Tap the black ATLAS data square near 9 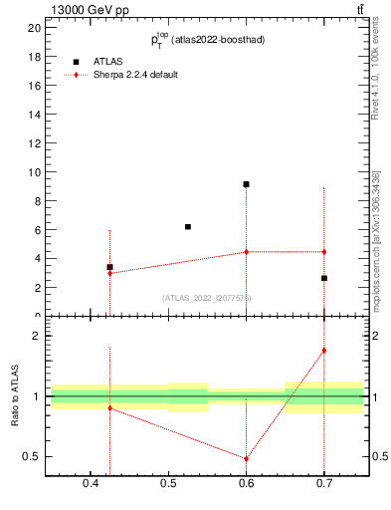pyautogui.click(x=246, y=184)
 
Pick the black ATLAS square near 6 pyautogui.click(x=187, y=227)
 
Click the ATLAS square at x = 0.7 pyautogui.click(x=323, y=278)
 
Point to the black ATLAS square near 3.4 pyautogui.click(x=109, y=267)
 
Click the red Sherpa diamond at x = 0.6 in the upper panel pyautogui.click(x=246, y=252)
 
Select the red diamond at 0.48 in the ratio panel pyautogui.click(x=246, y=459)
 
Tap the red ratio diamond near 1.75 pyautogui.click(x=323, y=351)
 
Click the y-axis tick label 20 pyautogui.click(x=34, y=28)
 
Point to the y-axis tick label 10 pyautogui.click(x=34, y=172)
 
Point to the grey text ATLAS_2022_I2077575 pyautogui.click(x=207, y=297)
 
